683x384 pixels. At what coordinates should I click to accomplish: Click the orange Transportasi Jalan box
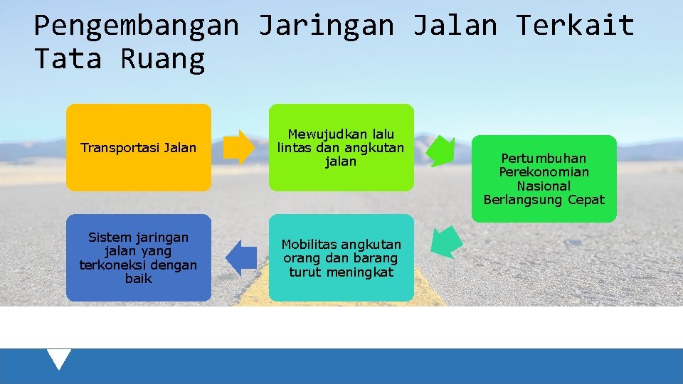[x=139, y=148]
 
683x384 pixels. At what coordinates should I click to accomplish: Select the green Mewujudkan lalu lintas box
[x=341, y=148]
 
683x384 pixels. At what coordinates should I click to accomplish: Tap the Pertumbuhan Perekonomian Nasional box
[x=544, y=178]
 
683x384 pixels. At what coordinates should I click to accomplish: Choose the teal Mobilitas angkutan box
[x=341, y=257]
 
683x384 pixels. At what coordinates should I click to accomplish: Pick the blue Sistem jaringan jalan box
[x=139, y=257]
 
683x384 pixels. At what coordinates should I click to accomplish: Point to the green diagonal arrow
[x=441, y=150]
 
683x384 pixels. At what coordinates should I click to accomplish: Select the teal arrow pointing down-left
[x=446, y=242]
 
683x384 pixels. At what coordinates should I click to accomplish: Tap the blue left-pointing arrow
[x=241, y=257]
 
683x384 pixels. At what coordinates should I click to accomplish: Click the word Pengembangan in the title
[x=137, y=26]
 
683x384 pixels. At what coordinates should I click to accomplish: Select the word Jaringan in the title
[x=326, y=26]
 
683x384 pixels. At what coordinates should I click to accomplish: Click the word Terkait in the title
[x=575, y=26]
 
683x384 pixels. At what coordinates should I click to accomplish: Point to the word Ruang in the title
[x=163, y=59]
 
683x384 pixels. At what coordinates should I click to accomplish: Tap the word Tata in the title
[x=68, y=59]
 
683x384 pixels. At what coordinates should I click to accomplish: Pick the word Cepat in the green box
[x=586, y=200]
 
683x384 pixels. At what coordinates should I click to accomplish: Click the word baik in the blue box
[x=139, y=279]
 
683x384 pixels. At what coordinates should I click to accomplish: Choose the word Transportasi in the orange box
[x=120, y=148]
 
